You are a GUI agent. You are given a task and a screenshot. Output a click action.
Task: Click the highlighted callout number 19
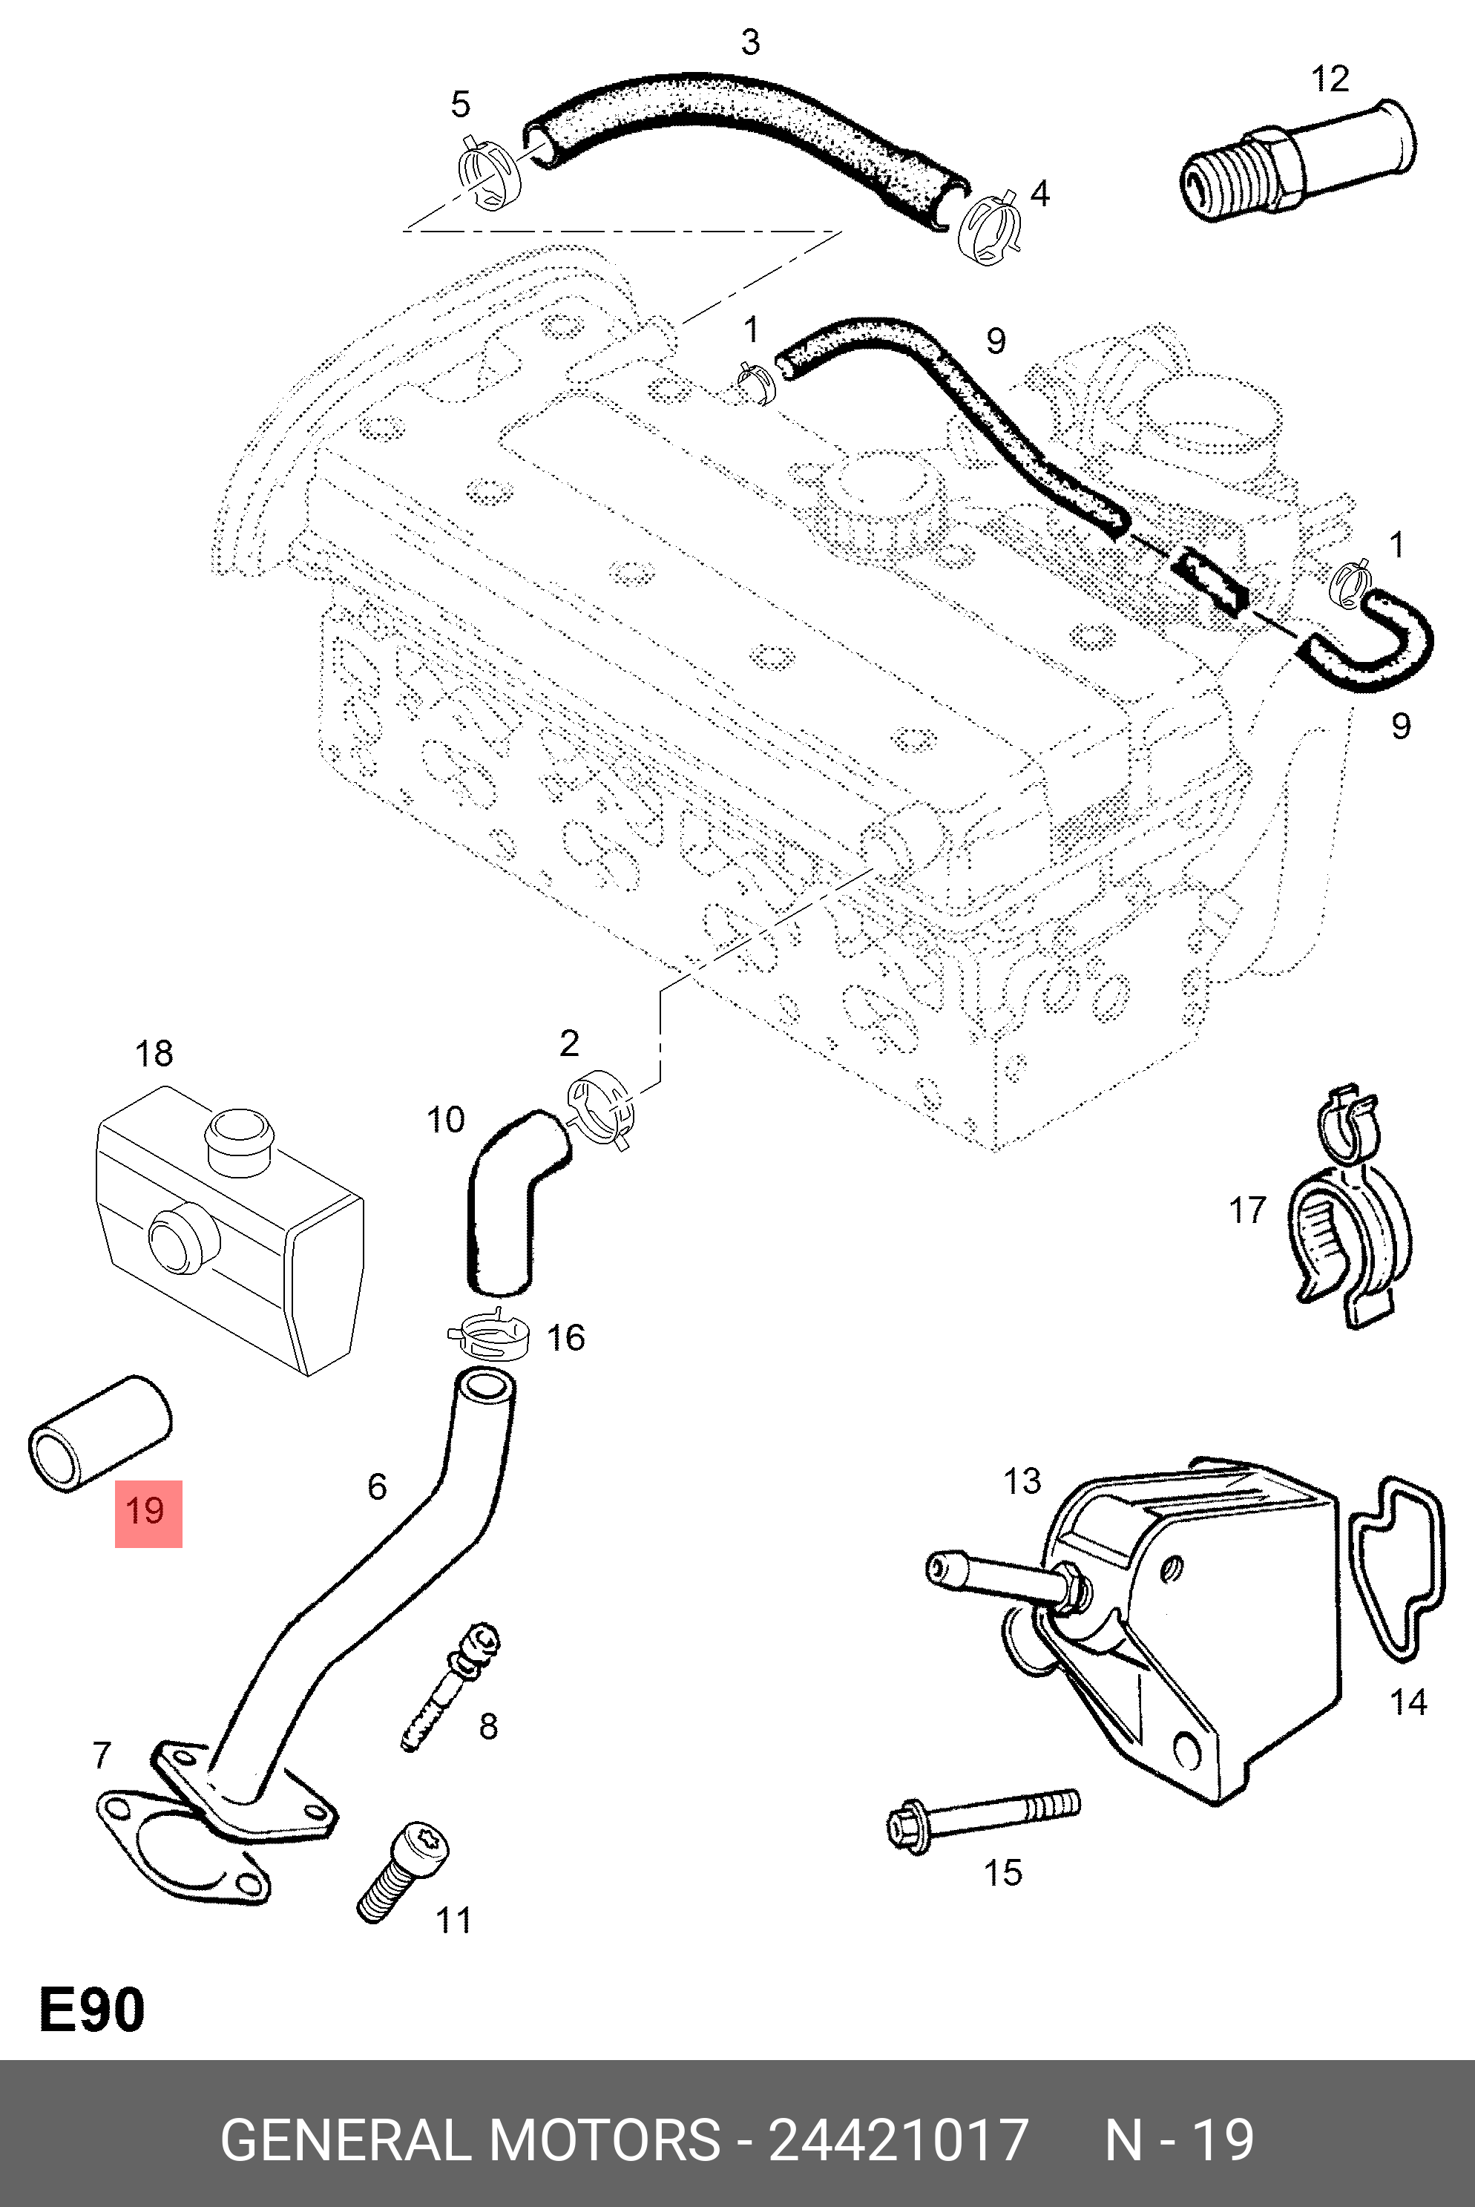(148, 1512)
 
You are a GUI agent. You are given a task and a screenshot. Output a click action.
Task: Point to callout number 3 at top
(749, 42)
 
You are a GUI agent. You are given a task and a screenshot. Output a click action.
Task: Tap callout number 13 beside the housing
(1022, 1482)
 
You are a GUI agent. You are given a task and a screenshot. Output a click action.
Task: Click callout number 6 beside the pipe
(376, 1486)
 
